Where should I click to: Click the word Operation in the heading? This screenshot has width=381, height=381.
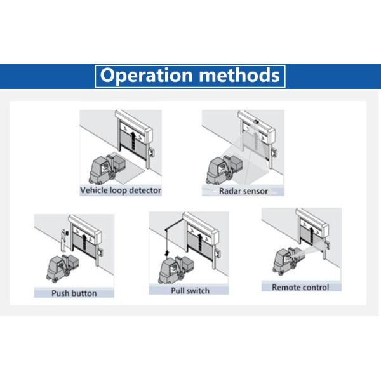[146, 76]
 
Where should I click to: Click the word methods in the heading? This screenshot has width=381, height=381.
[239, 75]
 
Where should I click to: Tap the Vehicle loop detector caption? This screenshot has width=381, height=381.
[121, 190]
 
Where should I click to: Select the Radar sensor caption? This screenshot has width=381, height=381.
[243, 191]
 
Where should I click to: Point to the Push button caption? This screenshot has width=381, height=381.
[74, 293]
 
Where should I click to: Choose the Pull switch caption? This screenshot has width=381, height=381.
[190, 291]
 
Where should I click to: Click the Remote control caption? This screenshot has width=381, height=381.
[300, 287]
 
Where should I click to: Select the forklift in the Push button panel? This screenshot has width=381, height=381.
[62, 268]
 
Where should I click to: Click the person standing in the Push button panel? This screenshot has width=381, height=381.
[63, 240]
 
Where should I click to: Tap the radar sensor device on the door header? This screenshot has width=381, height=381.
[256, 121]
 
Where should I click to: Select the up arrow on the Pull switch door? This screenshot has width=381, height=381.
[200, 243]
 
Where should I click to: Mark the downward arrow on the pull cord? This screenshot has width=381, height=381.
[166, 253]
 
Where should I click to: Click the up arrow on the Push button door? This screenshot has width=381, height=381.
[84, 243]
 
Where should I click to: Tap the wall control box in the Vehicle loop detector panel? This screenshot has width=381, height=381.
[151, 152]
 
